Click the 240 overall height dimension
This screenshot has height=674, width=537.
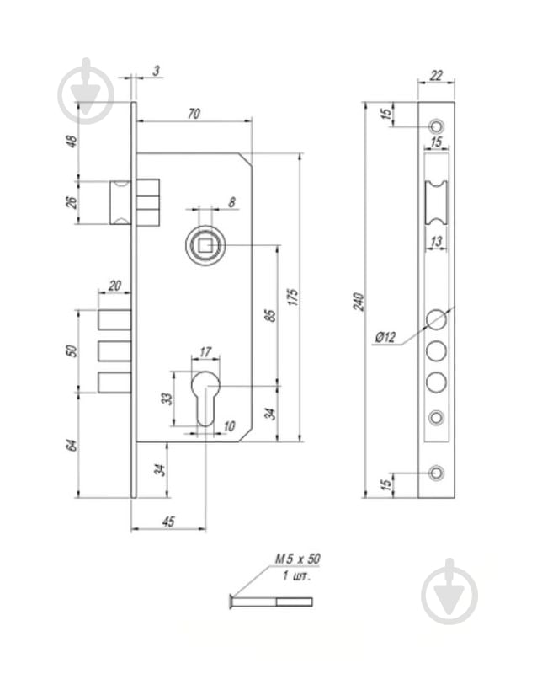359,302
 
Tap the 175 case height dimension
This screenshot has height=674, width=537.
293,297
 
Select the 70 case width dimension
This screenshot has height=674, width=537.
194,114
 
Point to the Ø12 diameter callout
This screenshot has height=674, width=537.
385,337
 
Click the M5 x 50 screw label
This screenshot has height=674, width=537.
297,559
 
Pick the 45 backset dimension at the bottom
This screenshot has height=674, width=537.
168,522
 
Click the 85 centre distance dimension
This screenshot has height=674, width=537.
271,315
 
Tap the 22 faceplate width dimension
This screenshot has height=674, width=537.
436,76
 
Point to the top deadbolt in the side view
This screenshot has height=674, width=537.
114,320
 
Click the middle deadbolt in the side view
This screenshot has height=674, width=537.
114,350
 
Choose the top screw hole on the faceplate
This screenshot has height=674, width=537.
437,126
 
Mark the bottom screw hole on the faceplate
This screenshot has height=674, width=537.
437,473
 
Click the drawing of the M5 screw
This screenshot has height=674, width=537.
271,601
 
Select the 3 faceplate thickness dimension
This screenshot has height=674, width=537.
157,71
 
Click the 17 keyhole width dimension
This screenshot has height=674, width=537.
205,352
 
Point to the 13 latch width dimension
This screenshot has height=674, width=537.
436,242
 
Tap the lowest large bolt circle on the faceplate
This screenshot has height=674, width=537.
436,382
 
